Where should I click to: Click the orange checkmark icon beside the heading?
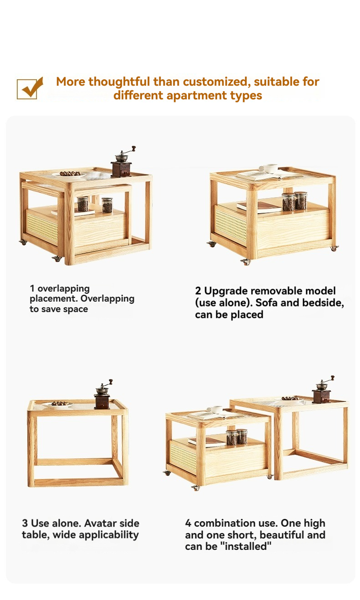[30, 88]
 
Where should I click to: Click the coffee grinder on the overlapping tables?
[123, 162]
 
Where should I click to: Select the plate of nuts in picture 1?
[69, 174]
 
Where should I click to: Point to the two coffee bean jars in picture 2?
[294, 201]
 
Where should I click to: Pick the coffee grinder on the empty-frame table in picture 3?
[103, 394]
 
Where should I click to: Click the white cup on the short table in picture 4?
[215, 410]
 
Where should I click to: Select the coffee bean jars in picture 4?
[237, 437]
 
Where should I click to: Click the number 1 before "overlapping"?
[32, 288]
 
